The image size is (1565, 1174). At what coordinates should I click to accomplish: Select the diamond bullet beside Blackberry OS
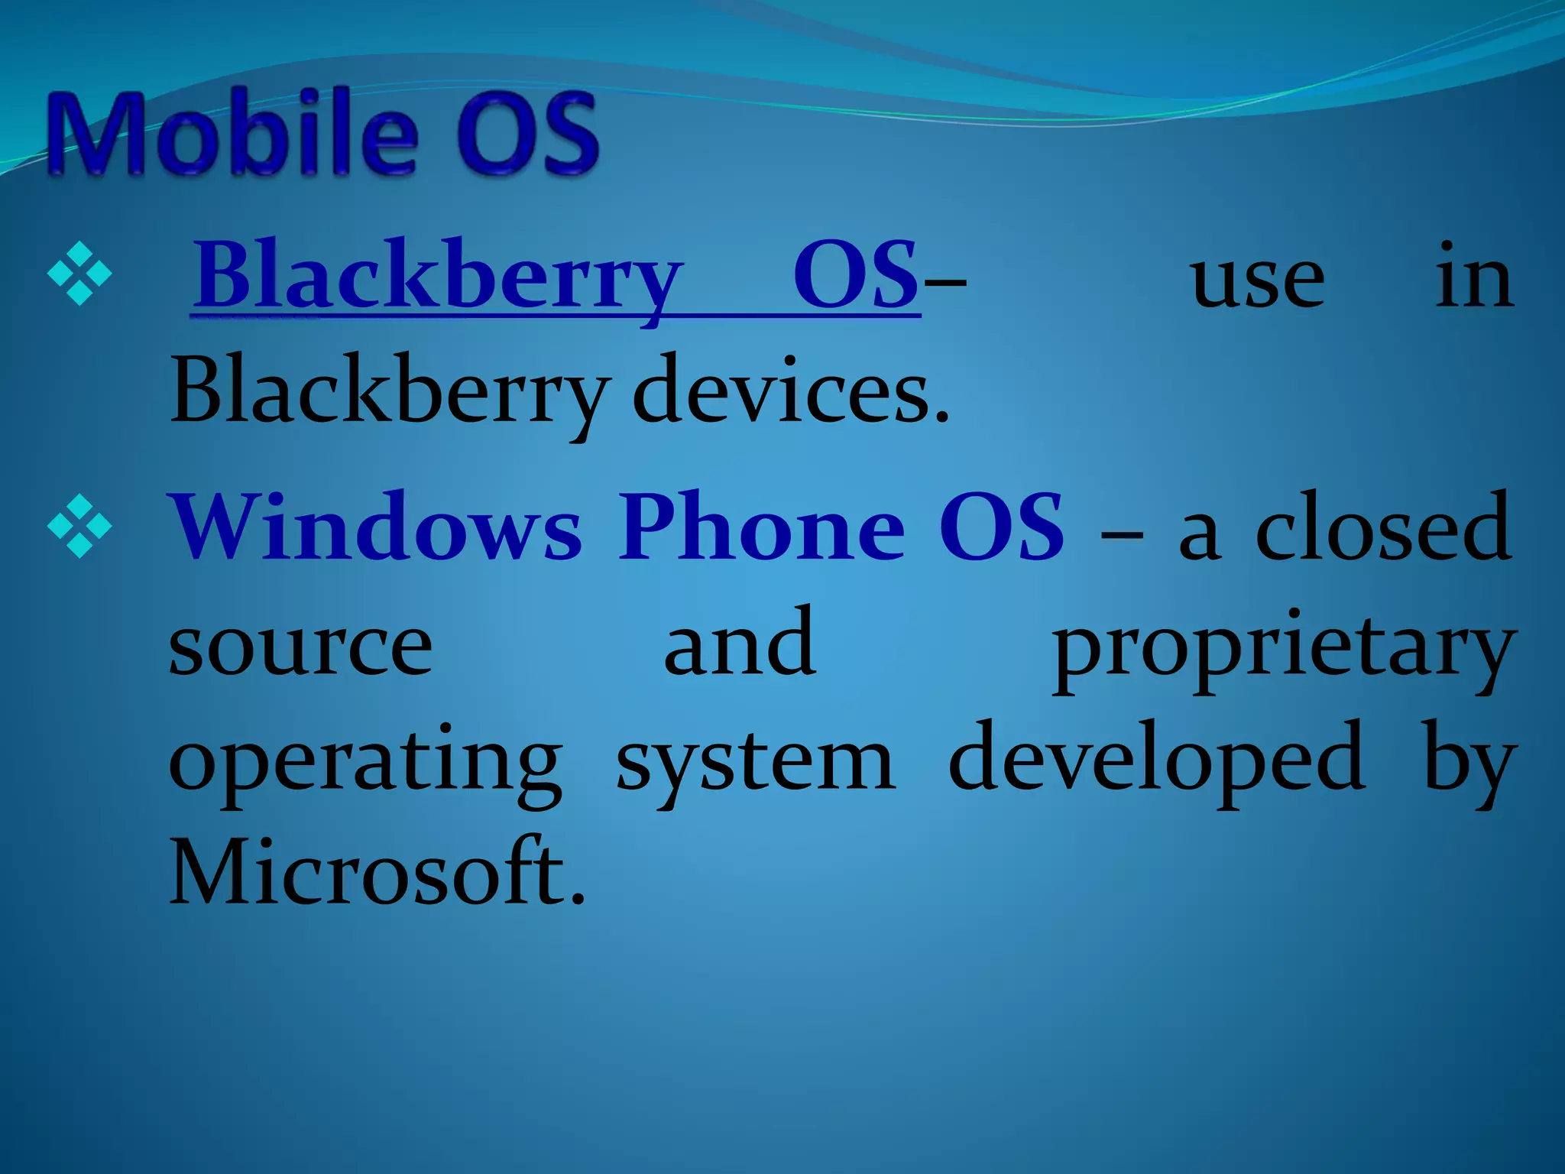click(x=79, y=273)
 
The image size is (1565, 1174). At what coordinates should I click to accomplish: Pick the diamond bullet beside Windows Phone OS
click(x=79, y=525)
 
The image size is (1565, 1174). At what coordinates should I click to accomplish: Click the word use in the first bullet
click(x=1257, y=280)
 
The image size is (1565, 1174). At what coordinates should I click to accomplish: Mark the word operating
click(x=365, y=763)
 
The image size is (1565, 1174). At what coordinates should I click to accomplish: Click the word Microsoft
click(x=377, y=873)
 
